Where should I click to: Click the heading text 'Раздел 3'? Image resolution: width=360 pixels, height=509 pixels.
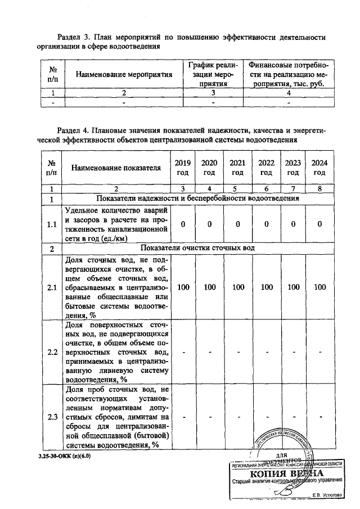(x=76, y=37)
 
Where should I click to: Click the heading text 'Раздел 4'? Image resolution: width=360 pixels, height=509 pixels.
(x=76, y=130)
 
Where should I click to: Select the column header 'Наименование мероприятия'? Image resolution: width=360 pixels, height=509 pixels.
(x=124, y=74)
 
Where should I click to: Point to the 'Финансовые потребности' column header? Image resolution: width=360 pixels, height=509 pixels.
(x=289, y=74)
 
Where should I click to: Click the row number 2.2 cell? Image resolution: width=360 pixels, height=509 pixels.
(x=52, y=352)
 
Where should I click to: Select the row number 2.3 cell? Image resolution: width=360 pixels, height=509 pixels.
(x=52, y=417)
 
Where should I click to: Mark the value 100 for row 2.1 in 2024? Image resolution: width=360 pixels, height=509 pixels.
(x=319, y=287)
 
